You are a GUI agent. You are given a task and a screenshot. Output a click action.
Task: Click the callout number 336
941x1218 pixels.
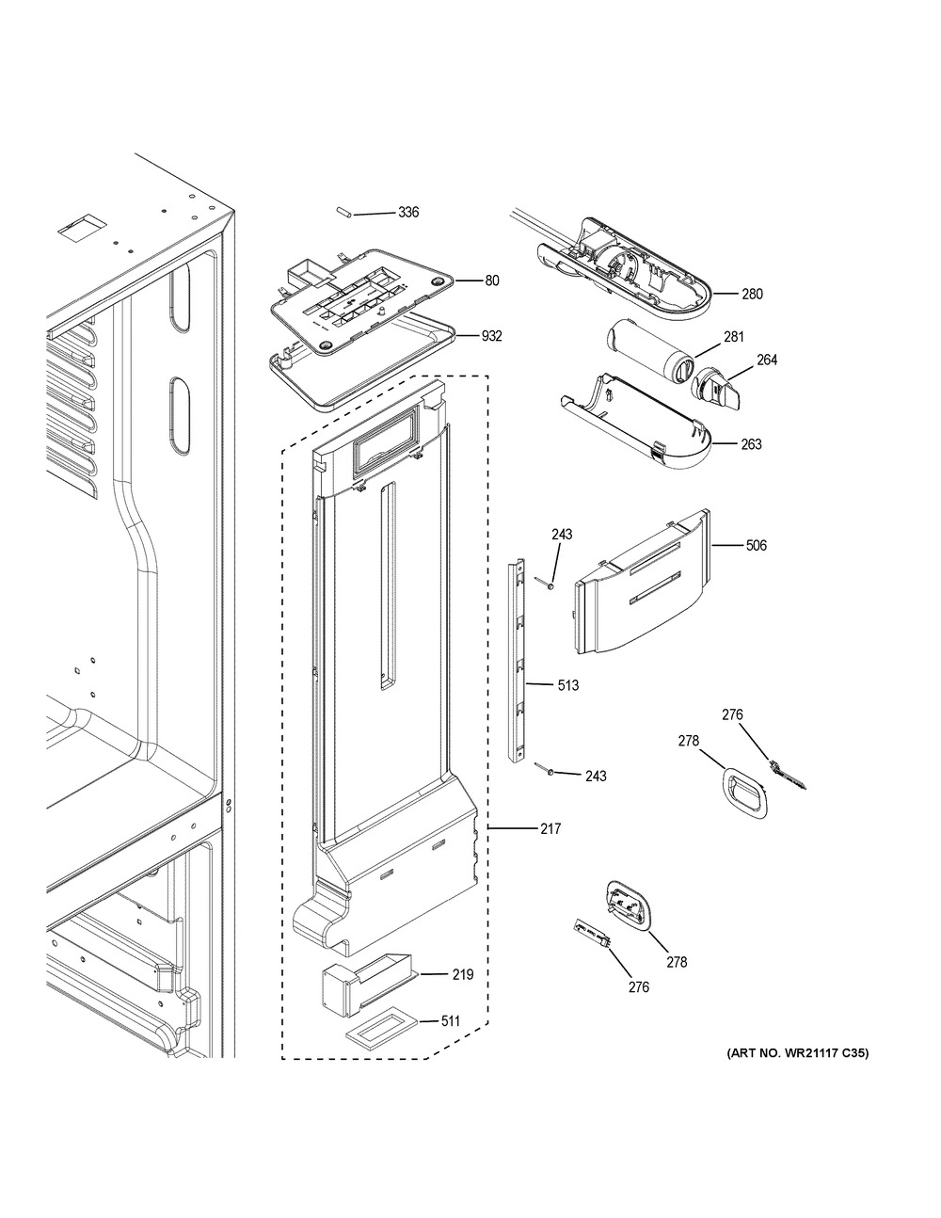(407, 213)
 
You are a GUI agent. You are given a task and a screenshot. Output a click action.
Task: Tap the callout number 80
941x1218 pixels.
(492, 280)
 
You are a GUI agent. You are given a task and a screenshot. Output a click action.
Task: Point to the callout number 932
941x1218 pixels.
(492, 336)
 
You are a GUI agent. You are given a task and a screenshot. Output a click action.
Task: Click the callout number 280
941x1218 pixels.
(752, 294)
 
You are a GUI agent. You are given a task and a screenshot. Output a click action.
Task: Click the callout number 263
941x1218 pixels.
(751, 444)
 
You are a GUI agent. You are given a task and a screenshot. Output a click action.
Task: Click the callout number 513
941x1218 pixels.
(567, 685)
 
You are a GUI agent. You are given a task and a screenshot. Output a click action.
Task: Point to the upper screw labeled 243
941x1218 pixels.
(547, 585)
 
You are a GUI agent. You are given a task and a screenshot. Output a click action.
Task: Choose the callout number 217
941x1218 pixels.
(550, 829)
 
